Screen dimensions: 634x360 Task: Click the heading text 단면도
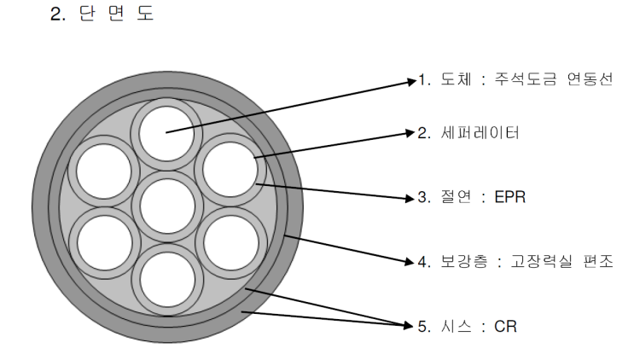pos(116,14)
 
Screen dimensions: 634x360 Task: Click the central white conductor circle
pos(167,206)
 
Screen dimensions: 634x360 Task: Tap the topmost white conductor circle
pos(166,134)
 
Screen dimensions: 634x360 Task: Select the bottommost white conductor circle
pos(167,280)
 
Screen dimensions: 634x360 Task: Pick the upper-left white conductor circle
pos(104,171)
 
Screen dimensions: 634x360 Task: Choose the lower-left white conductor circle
pos(105,243)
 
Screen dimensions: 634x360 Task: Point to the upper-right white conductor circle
pos(230,169)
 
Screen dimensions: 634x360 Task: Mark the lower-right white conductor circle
pos(231,243)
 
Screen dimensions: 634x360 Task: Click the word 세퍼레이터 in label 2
pos(480,132)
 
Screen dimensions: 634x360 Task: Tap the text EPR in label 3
pos(510,197)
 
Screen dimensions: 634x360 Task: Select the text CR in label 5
pos(505,326)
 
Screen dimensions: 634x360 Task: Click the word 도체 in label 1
pos(456,78)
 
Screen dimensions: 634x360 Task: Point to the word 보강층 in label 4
pos(464,261)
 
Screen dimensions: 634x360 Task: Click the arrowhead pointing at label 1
pos(411,82)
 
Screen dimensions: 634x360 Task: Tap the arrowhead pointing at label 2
pos(410,133)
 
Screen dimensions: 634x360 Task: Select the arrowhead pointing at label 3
pos(410,198)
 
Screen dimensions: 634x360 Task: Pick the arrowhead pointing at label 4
pos(410,262)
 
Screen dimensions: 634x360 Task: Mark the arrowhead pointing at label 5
pos(410,325)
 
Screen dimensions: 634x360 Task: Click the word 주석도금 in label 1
pos(526,78)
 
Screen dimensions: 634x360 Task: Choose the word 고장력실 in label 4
pos(541,261)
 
